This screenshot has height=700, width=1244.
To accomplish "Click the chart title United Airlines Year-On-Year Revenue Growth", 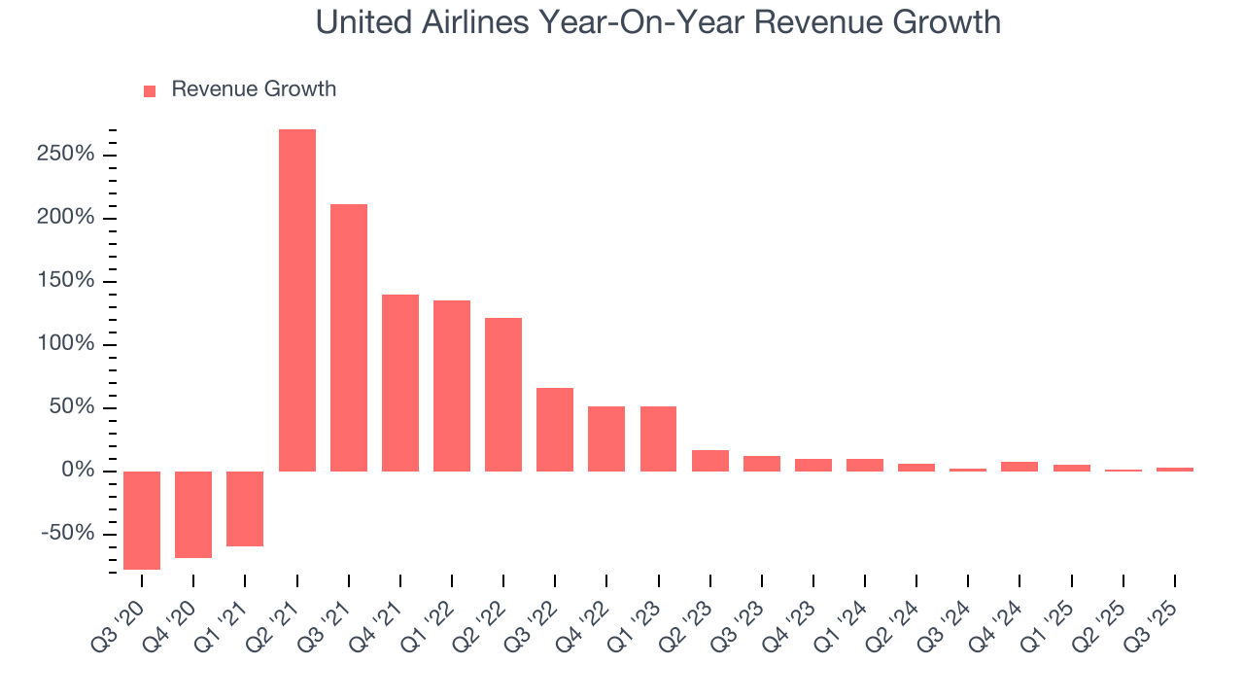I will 658,22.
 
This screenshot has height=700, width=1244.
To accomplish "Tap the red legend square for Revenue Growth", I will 150,90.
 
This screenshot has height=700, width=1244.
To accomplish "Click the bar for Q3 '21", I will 349,337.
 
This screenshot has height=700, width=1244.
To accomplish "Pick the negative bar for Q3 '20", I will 142,520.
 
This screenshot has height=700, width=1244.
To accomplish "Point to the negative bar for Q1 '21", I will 245,508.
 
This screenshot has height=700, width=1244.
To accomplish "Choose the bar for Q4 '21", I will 400,382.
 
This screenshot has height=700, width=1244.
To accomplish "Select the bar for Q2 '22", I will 503,394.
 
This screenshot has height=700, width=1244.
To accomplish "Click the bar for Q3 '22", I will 555,429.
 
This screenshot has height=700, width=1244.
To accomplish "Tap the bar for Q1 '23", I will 658,438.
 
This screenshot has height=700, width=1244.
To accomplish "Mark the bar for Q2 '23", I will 710,461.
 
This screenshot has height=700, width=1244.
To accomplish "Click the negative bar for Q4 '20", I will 193,514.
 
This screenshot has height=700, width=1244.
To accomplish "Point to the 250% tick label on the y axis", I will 66,155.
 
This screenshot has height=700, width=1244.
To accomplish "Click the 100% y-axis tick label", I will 66,344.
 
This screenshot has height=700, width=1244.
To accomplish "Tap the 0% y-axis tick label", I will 79,471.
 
